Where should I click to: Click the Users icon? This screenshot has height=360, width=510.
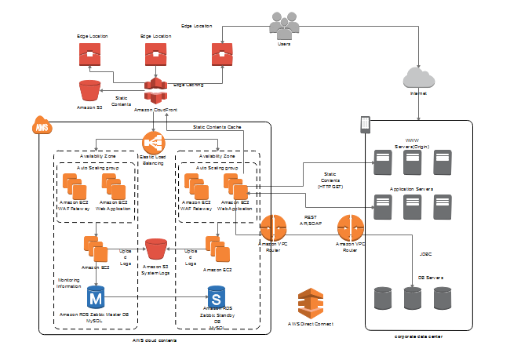tap(284, 26)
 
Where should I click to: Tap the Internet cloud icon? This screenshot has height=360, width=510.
tap(417, 77)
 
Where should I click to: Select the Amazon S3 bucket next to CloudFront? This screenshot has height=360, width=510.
tap(90, 90)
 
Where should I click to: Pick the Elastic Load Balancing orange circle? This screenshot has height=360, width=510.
tap(153, 142)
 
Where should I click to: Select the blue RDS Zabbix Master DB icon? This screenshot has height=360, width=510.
tap(95, 297)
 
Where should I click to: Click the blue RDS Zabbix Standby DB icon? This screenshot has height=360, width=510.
tap(216, 297)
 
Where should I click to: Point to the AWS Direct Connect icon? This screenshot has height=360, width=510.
tap(311, 302)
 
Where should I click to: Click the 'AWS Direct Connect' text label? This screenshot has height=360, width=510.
tap(311, 323)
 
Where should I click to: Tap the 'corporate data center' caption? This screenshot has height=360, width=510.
tap(418, 336)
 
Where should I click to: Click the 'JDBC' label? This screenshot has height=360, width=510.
tap(425, 254)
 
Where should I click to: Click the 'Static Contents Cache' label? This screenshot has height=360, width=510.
tap(217, 126)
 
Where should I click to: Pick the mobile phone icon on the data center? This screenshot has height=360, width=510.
tap(364, 124)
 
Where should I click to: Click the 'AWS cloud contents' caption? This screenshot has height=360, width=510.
tap(155, 340)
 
